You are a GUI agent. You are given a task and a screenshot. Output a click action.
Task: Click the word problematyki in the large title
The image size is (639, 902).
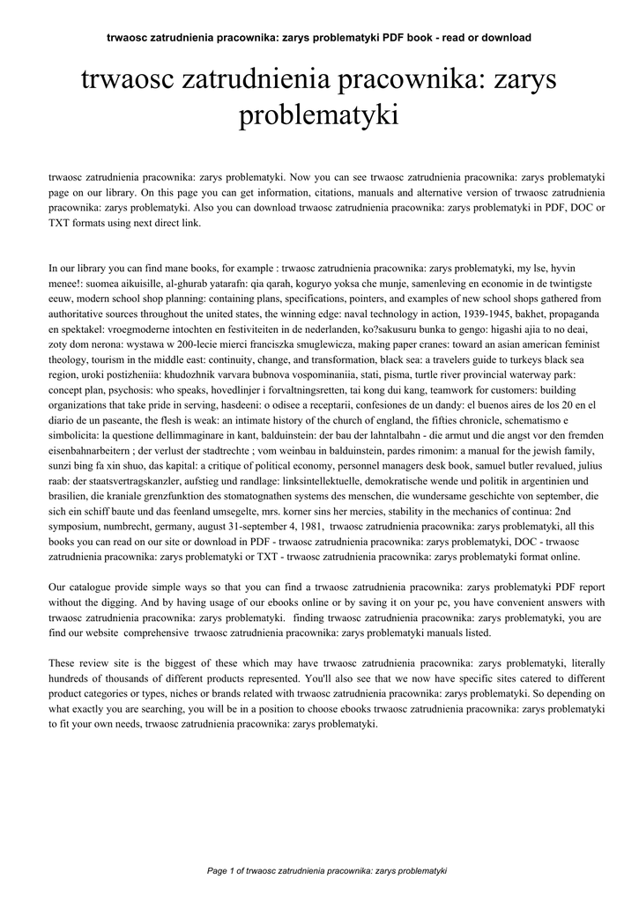(x=319, y=115)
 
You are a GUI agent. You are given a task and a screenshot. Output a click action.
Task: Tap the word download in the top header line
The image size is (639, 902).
(x=503, y=38)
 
